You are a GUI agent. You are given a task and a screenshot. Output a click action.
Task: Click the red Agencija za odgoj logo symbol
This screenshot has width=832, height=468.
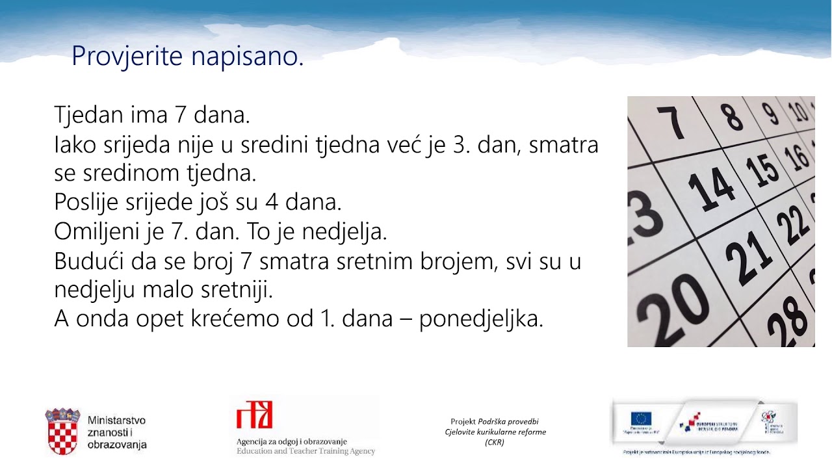point(254,415)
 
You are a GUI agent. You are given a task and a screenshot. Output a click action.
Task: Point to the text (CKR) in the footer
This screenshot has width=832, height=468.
point(494,442)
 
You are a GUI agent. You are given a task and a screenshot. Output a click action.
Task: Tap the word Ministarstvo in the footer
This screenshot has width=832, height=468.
point(116,421)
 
